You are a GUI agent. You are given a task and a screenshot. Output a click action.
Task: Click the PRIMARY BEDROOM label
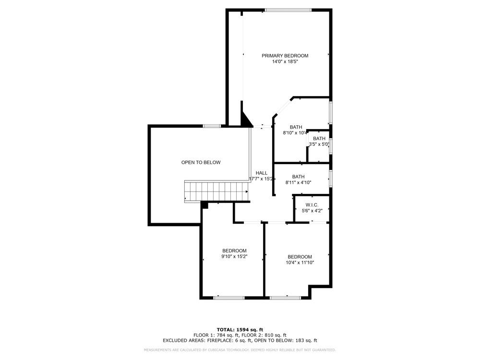pyautogui.click(x=285, y=56)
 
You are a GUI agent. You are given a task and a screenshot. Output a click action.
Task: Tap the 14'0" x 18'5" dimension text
pyautogui.click(x=285, y=62)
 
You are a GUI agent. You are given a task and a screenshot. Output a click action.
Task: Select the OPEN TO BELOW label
pyautogui.click(x=201, y=162)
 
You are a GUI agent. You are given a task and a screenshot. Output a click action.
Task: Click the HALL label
pyautogui.click(x=262, y=173)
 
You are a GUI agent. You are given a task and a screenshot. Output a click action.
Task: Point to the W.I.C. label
pyautogui.click(x=312, y=205)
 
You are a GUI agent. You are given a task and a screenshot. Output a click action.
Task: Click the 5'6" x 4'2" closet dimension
pyautogui.click(x=312, y=211)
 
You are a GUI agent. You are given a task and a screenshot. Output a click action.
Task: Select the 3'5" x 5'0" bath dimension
pyautogui.click(x=319, y=144)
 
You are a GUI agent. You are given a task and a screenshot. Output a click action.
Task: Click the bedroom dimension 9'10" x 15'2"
pyautogui.click(x=234, y=257)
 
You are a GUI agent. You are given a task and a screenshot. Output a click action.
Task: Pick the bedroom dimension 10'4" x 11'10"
pyautogui.click(x=300, y=263)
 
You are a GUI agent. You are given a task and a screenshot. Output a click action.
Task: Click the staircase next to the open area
pyautogui.click(x=216, y=191)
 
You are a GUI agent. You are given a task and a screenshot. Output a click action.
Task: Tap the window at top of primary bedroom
pyautogui.click(x=288, y=10)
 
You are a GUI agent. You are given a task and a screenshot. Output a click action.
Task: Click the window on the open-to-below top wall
pyautogui.click(x=212, y=126)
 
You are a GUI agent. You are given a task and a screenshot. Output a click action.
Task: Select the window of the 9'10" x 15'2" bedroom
pyautogui.click(x=228, y=298)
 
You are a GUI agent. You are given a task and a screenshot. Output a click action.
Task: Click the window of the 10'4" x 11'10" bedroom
pyautogui.click(x=285, y=298)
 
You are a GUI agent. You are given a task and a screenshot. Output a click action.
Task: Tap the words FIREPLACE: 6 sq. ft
pyautogui.click(x=231, y=340)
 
